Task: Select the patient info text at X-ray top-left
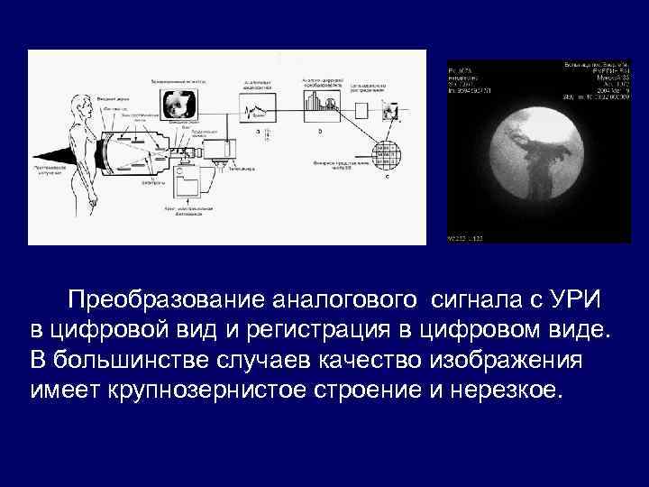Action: point(474,78)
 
